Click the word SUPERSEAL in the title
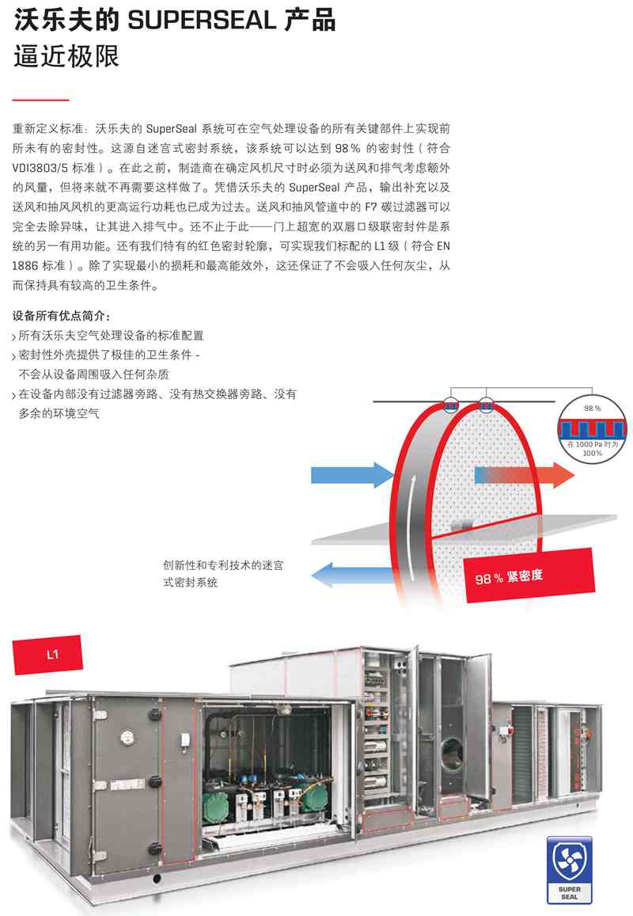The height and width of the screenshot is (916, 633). pos(202,21)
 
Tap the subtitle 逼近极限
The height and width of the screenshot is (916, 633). pos(66,57)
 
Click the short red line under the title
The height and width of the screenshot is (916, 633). pos(40,100)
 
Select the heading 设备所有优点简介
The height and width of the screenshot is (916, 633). pos(61,315)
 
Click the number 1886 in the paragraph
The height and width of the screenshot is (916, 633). pos(25,265)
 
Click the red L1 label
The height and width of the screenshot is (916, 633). pos(47,655)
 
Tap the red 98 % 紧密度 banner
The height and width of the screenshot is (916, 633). pos(529,576)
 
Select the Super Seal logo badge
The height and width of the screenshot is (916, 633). pos(570,870)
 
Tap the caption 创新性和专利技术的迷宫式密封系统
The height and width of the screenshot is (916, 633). pos(223,573)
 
